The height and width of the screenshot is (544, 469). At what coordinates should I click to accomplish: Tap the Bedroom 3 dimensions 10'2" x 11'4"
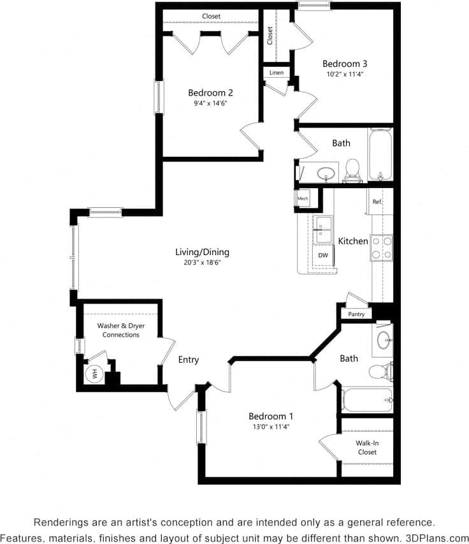(x=344, y=74)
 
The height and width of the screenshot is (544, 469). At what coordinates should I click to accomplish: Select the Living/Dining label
(x=202, y=252)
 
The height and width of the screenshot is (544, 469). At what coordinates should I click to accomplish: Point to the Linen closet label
(x=277, y=73)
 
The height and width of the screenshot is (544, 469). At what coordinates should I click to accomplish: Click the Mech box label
(x=303, y=199)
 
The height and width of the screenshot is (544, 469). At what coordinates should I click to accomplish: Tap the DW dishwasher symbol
(x=323, y=255)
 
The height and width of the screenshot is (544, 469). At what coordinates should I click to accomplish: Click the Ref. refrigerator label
(x=377, y=202)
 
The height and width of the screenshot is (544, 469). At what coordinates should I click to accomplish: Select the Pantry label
(x=356, y=314)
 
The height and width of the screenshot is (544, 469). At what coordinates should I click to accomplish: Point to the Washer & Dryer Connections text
(x=120, y=330)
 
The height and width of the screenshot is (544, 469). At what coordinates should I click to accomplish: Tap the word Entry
(x=189, y=360)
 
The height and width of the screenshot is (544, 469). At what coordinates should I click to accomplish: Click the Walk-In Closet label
(x=366, y=447)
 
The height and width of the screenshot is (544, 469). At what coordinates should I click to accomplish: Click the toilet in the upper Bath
(x=352, y=169)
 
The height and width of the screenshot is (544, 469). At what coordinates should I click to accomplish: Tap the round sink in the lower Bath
(x=384, y=339)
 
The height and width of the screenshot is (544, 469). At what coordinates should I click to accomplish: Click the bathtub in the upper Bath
(x=380, y=155)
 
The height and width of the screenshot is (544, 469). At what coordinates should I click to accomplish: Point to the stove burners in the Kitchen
(x=381, y=247)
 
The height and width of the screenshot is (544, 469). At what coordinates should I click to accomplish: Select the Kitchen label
(x=353, y=241)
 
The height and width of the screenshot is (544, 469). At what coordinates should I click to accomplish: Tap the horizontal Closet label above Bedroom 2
(x=212, y=16)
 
